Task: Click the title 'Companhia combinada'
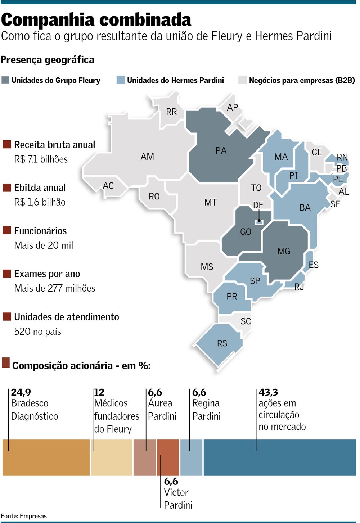click(96, 20)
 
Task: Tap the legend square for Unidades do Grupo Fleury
click(5, 80)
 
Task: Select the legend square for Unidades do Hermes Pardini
click(121, 80)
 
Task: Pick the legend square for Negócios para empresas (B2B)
click(242, 80)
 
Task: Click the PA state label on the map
click(221, 150)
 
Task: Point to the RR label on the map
click(171, 112)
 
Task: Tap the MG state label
click(284, 251)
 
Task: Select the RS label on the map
click(222, 343)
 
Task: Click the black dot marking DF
click(259, 221)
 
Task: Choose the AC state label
click(108, 186)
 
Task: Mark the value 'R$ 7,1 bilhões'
click(41, 159)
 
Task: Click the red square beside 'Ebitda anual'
click(7, 188)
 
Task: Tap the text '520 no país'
click(37, 332)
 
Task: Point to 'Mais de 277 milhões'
click(55, 288)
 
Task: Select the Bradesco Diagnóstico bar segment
click(46, 458)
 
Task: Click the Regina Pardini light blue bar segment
click(191, 458)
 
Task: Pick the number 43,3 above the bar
click(268, 392)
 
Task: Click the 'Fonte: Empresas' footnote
click(24, 516)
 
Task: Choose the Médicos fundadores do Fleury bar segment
click(112, 458)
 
